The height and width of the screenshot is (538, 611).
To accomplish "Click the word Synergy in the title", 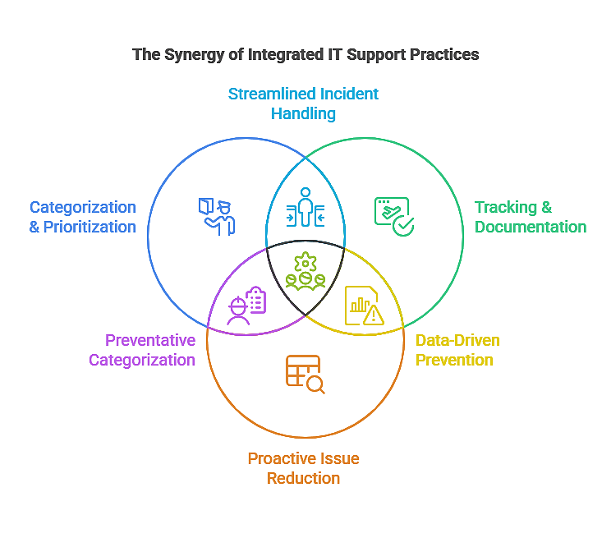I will (191, 55).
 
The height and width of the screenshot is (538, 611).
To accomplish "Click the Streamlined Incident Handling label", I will (303, 103).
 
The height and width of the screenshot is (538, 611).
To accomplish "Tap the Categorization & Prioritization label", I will (83, 217).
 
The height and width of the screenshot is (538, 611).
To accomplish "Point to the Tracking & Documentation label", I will (530, 217).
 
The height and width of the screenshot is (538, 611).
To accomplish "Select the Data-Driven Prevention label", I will (457, 350).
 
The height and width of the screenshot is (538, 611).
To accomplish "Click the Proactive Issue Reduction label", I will (303, 468).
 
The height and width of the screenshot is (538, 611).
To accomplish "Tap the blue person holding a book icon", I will (217, 216).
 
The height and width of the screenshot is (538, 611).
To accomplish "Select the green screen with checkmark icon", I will (393, 216).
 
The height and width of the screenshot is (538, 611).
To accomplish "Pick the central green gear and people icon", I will (305, 273).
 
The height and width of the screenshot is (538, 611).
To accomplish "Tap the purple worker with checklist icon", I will (246, 306).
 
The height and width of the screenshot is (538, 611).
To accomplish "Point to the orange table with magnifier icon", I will (305, 374).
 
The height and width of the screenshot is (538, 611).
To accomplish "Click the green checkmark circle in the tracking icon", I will (403, 226).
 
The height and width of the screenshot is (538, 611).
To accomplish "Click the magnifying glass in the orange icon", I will (315, 384).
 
